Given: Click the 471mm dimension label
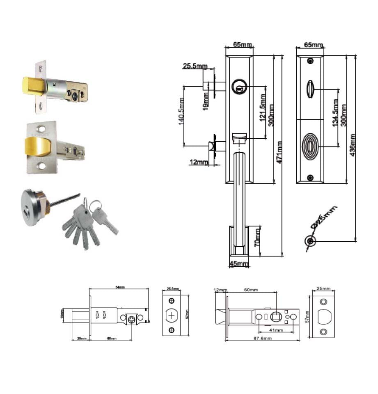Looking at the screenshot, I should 279,153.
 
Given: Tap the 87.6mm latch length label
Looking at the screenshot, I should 262,338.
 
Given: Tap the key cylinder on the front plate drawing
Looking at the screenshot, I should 238,87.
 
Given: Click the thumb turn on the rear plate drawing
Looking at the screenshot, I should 310,88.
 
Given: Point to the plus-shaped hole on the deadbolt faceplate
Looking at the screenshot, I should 172,316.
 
